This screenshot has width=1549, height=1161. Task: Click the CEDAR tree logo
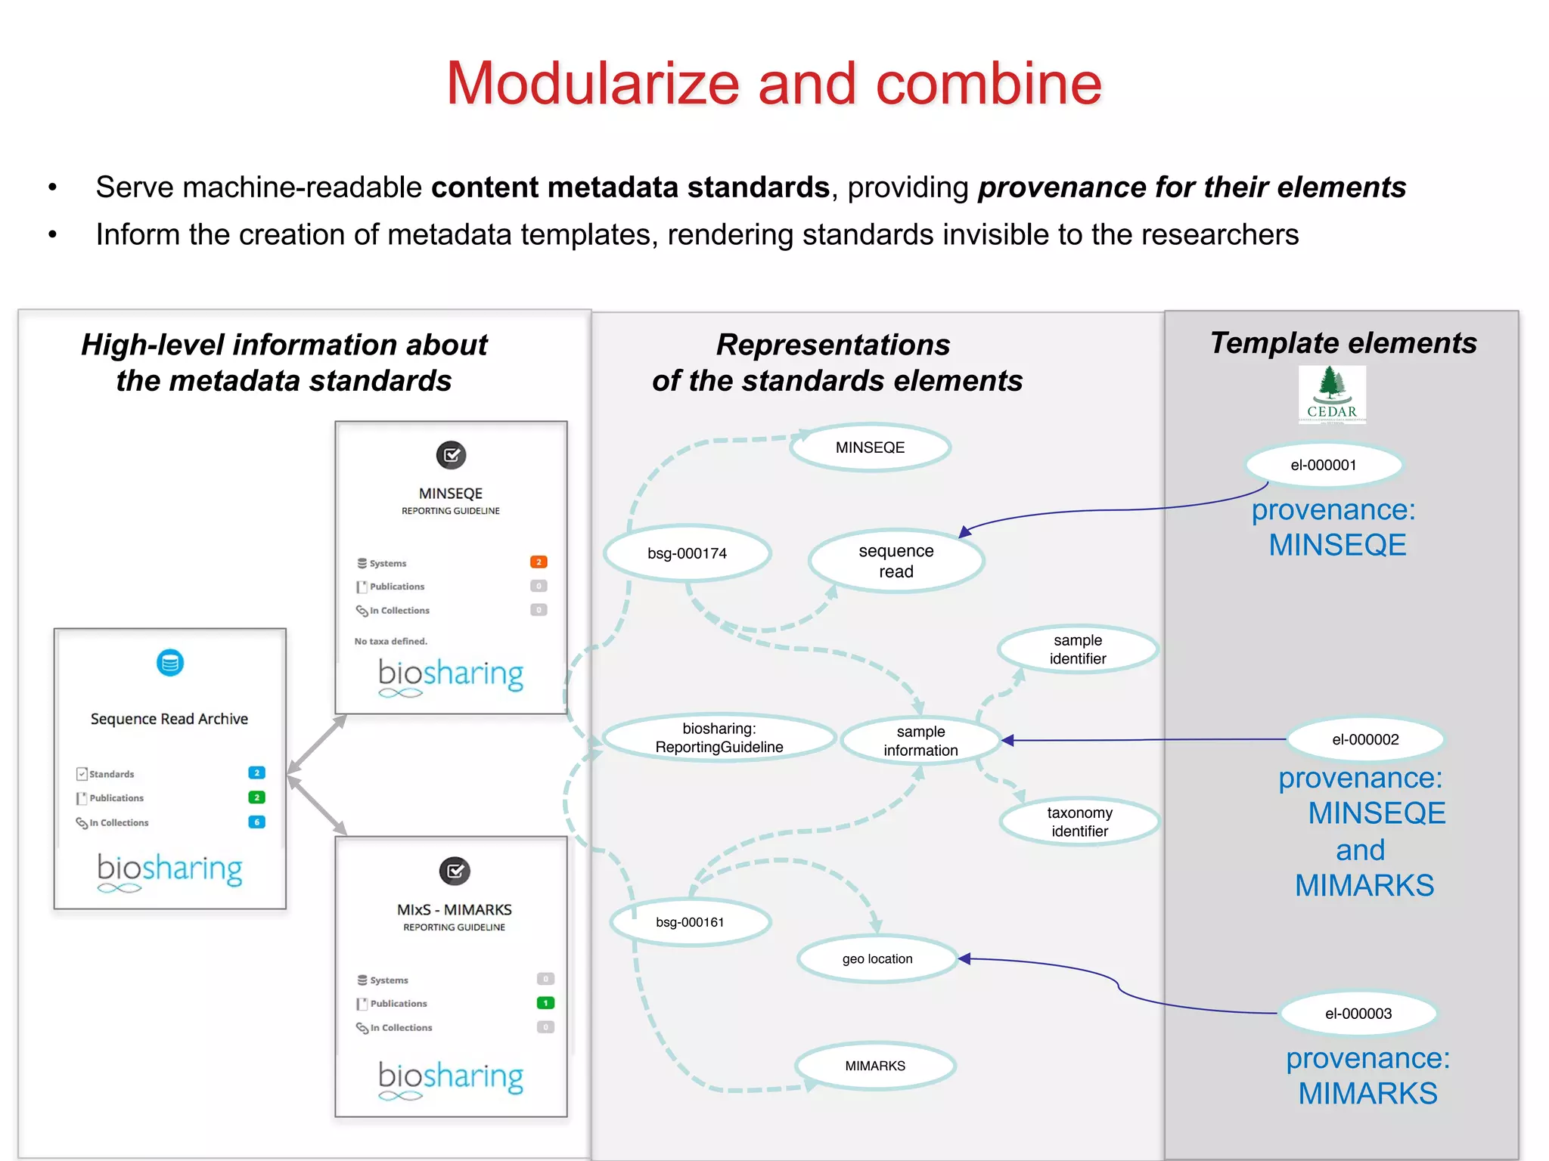pyautogui.click(x=1332, y=394)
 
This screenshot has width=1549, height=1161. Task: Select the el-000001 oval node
pyautogui.click(x=1323, y=465)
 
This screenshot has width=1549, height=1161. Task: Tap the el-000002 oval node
pyautogui.click(x=1365, y=739)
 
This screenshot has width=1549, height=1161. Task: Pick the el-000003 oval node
pyautogui.click(x=1358, y=1014)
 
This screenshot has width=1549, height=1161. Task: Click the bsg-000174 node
pyautogui.click(x=687, y=553)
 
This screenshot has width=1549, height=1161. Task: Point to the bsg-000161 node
pyautogui.click(x=690, y=922)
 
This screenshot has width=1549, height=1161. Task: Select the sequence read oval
pyautogui.click(x=896, y=561)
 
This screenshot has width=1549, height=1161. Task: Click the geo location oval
pyautogui.click(x=877, y=958)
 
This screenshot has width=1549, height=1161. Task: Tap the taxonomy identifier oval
pyautogui.click(x=1079, y=822)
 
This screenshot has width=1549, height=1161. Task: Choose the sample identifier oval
pyautogui.click(x=1077, y=649)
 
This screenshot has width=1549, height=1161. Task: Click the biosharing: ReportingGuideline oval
pyautogui.click(x=719, y=738)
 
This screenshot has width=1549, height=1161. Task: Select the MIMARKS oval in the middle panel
pyautogui.click(x=875, y=1066)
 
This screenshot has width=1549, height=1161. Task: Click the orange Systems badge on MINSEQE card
pyautogui.click(x=539, y=562)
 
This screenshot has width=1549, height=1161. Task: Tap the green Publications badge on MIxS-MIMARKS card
pyautogui.click(x=545, y=1003)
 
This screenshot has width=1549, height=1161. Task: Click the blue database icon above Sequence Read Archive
pyautogui.click(x=170, y=663)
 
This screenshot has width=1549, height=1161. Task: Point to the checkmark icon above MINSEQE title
pyautogui.click(x=451, y=455)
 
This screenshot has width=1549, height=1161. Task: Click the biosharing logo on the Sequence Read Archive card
pyautogui.click(x=169, y=871)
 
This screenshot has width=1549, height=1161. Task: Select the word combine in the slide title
pyautogui.click(x=989, y=83)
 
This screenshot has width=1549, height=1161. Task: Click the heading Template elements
pyautogui.click(x=1343, y=343)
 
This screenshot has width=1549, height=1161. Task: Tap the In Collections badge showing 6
pyautogui.click(x=256, y=822)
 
